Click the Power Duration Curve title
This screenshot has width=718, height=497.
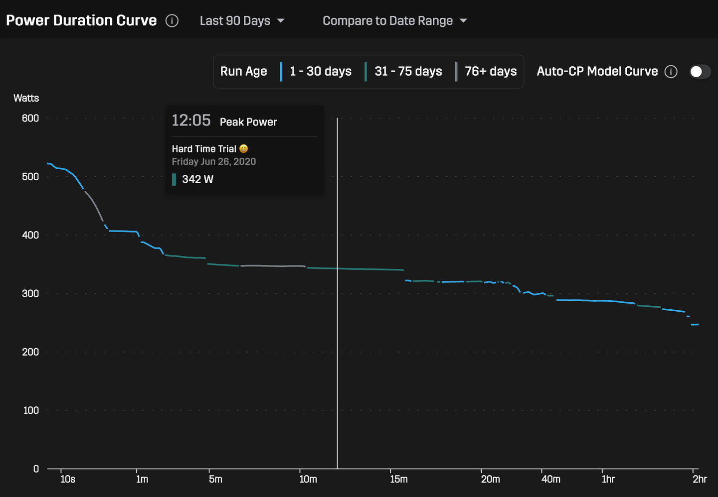81,20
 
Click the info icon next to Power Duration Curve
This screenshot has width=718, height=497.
172,21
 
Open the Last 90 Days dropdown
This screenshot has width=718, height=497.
242,21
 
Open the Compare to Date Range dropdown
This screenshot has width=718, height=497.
394,21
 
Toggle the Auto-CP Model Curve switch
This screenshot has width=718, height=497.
700,72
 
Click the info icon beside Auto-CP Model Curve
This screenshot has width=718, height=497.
671,72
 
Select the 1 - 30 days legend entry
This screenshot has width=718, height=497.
320,72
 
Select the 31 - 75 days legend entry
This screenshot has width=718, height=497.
408,72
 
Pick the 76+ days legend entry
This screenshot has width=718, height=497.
490,72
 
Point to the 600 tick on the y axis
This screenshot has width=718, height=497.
30,119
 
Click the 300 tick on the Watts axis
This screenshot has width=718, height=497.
30,294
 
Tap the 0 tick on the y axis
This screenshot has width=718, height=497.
36,469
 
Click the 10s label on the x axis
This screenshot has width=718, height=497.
68,480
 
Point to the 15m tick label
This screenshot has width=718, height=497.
399,480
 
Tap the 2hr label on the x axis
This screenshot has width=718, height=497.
700,480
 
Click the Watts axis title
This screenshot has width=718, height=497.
26,98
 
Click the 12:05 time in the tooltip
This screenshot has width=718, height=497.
191,121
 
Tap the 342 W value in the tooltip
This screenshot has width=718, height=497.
197,179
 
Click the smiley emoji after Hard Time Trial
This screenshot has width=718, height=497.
243,149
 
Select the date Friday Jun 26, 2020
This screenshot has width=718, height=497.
213,162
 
